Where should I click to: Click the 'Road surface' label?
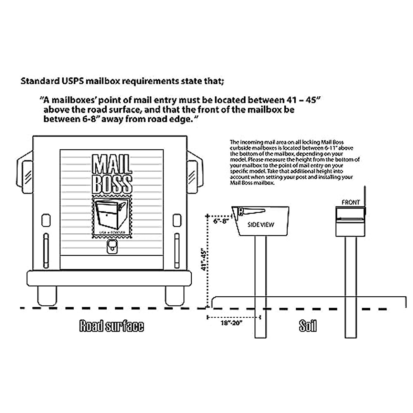(x=112, y=326)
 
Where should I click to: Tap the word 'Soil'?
(x=307, y=326)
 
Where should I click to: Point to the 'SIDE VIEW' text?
(x=261, y=225)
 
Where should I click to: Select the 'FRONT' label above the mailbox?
(x=350, y=202)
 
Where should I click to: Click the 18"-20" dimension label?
(x=232, y=323)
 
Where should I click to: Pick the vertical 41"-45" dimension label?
(x=204, y=260)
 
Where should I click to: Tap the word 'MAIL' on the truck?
(x=112, y=165)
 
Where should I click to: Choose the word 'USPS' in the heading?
(x=71, y=82)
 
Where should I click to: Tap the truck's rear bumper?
(x=109, y=278)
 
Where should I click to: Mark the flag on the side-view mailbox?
(x=253, y=211)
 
